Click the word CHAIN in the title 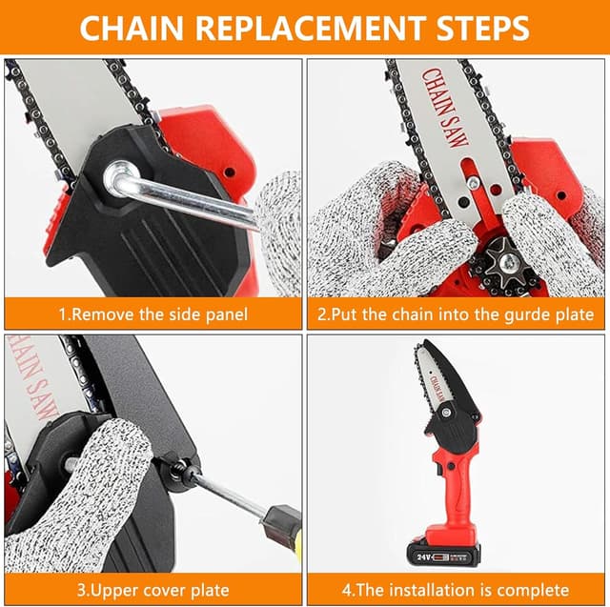[132, 28]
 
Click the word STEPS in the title [482, 28]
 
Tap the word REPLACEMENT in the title [310, 28]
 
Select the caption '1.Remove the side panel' [152, 314]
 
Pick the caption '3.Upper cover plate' [152, 590]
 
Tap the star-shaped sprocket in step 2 [506, 262]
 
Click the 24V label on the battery [423, 557]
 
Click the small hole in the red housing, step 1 [230, 172]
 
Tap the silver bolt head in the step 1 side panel [119, 175]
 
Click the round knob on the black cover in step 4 [446, 411]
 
